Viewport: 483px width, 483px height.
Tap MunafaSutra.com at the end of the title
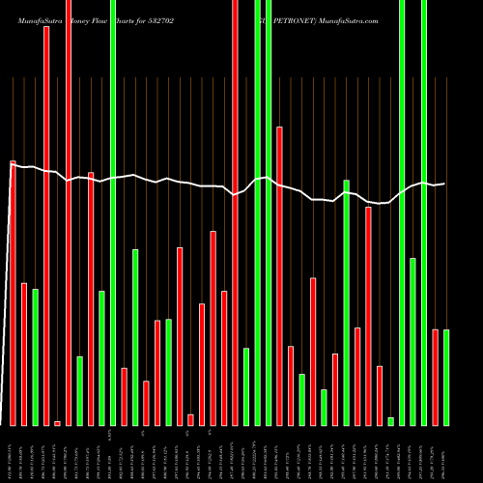point(346,19)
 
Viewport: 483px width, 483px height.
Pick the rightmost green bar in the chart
point(445,377)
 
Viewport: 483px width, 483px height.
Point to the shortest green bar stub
point(390,421)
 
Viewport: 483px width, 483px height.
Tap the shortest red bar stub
point(57,423)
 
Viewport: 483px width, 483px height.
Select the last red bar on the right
point(435,377)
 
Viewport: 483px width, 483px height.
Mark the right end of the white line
point(444,184)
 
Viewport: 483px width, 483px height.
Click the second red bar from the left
point(24,354)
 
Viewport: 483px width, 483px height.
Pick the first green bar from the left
point(35,356)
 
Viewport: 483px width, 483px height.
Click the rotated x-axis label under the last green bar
point(445,454)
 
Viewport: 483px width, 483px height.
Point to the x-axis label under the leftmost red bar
point(13,454)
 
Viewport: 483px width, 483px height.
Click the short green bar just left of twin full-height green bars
point(245,386)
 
